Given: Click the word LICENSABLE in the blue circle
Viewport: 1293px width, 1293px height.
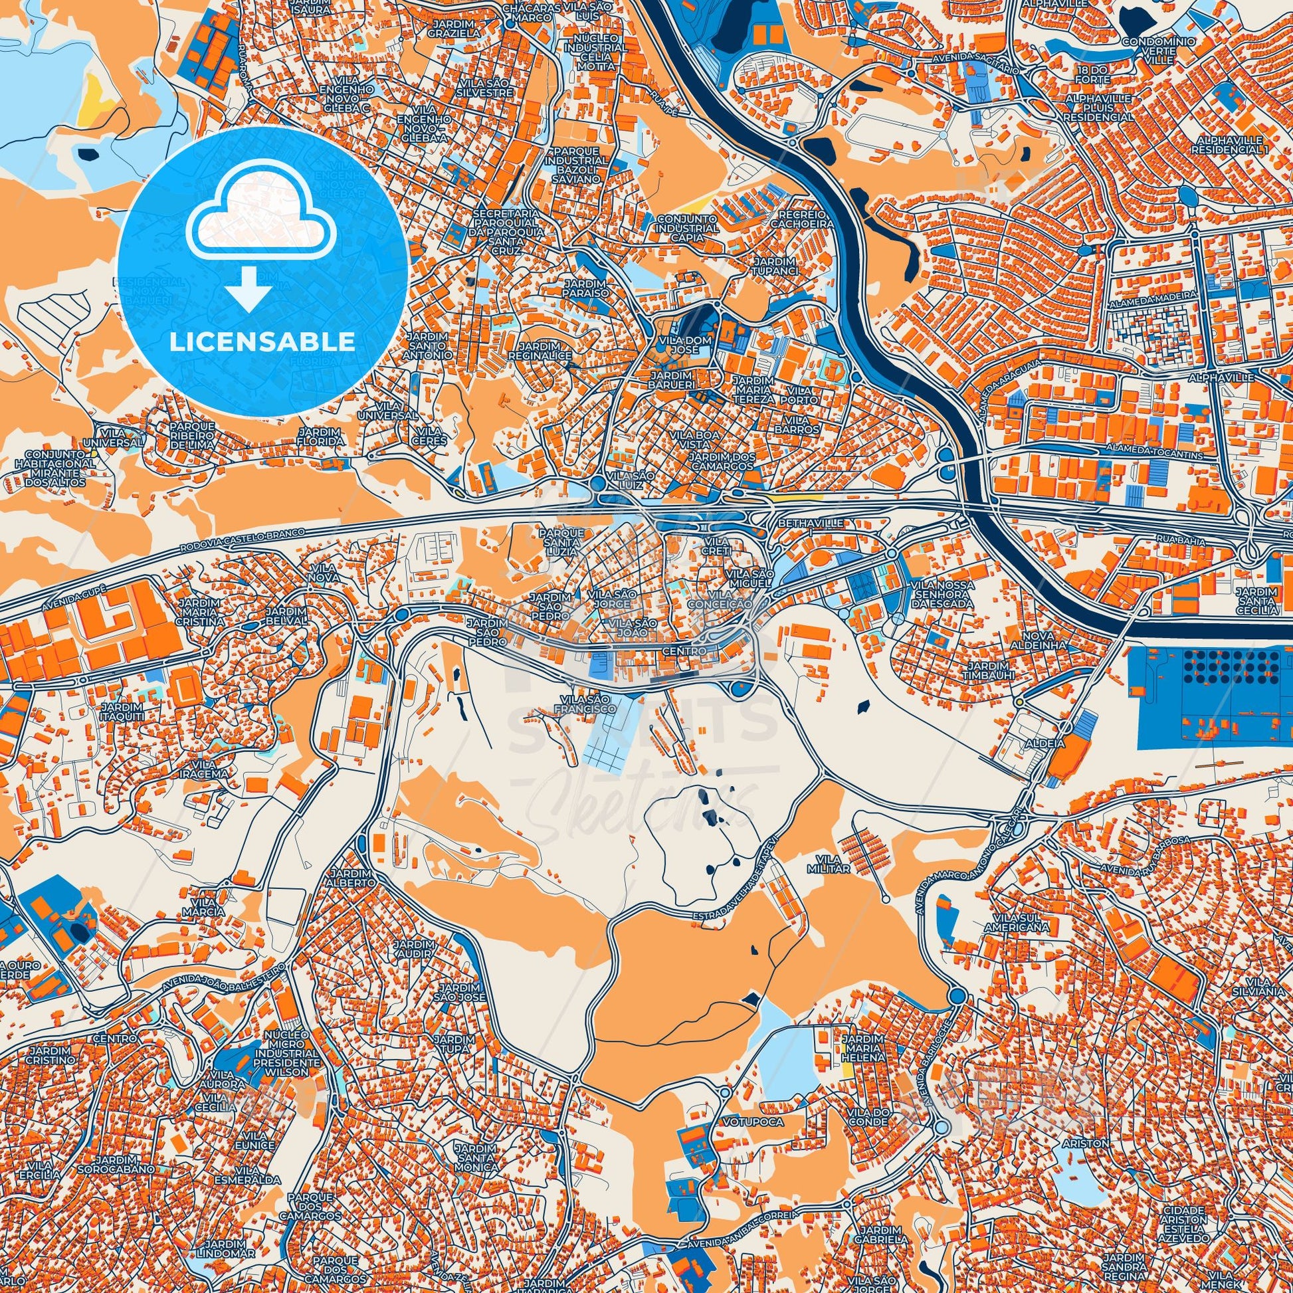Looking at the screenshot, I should coord(262,342).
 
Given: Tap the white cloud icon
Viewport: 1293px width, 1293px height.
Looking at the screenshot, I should coord(262,214).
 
